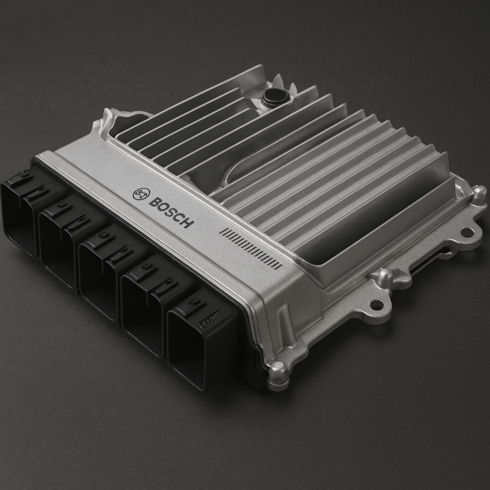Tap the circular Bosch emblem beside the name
(141, 193)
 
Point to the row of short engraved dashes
(250, 247)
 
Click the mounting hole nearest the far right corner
(467, 233)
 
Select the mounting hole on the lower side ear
(377, 304)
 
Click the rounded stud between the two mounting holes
(385, 277)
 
